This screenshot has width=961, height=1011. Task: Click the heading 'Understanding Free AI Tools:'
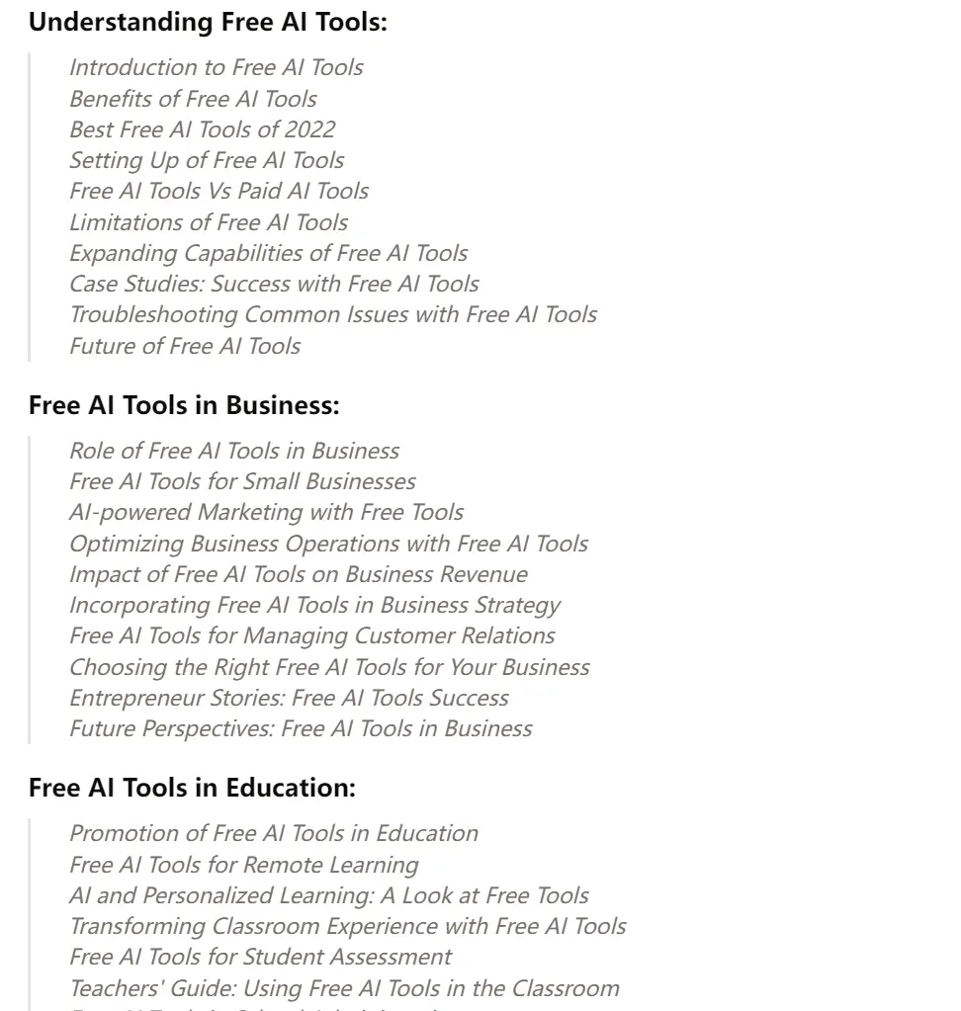[x=208, y=23]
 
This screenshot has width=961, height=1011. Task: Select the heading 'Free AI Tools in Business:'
[x=184, y=405]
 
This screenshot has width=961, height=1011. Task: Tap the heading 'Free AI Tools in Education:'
[x=192, y=788]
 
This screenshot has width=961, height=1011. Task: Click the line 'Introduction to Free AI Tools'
[x=216, y=67]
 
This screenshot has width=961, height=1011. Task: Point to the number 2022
[x=309, y=129]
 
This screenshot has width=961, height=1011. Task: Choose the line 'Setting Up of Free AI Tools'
[x=207, y=160]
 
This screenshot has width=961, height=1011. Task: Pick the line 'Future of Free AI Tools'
[x=185, y=346]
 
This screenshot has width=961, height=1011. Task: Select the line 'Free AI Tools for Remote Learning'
[x=243, y=865]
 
